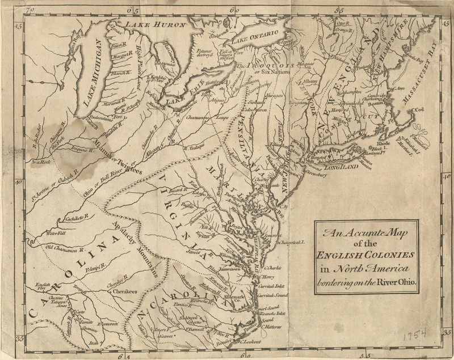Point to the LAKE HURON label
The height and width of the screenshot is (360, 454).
[149, 25]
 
